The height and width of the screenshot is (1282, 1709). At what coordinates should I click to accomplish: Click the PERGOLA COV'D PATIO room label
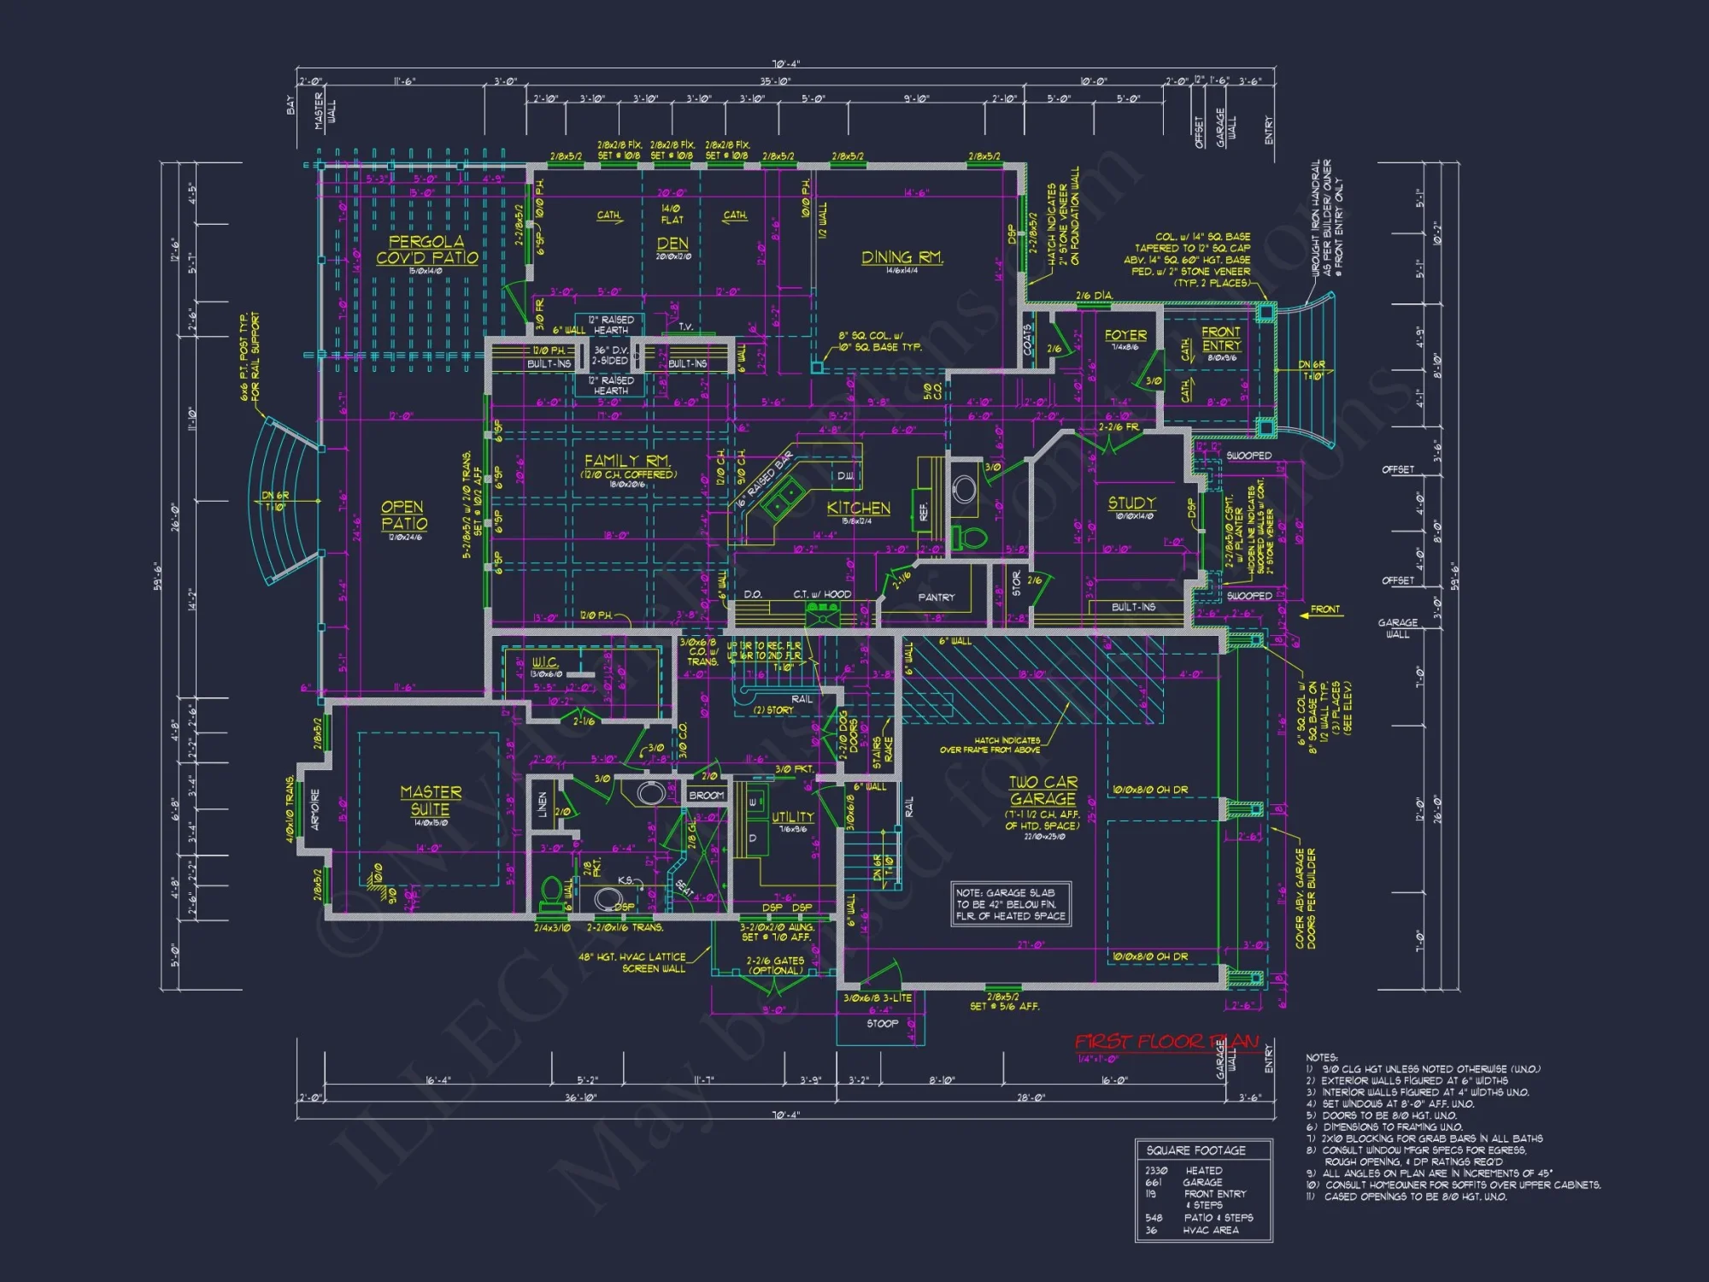426,250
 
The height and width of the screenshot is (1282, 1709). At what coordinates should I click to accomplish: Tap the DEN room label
672,244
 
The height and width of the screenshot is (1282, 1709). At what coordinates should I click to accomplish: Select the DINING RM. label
901,257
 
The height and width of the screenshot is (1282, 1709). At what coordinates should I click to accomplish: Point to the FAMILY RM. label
628,461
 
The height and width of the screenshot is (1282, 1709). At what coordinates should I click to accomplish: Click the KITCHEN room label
858,509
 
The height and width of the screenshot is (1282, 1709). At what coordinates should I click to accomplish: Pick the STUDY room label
1132,503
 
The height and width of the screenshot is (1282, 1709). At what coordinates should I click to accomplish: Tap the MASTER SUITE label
431,801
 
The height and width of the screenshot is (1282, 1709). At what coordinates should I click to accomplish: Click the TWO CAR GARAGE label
1042,791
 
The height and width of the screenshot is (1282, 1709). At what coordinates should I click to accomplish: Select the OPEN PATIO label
404,515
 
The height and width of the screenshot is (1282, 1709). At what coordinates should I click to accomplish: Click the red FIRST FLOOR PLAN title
1166,1042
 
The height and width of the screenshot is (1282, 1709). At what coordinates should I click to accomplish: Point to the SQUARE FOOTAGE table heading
1195,1150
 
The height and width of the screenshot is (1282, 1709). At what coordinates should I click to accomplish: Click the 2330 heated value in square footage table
1156,1171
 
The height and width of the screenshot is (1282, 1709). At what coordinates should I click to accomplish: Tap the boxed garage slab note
1011,904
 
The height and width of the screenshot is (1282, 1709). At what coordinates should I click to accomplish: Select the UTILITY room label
792,817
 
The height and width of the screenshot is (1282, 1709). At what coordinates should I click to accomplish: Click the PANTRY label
936,597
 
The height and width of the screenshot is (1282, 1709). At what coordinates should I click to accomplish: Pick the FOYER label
1125,336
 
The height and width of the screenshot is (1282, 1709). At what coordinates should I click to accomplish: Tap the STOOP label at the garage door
882,1023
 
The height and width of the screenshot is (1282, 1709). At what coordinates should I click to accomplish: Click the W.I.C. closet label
545,662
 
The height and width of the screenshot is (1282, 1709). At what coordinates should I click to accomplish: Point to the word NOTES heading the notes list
1321,1057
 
